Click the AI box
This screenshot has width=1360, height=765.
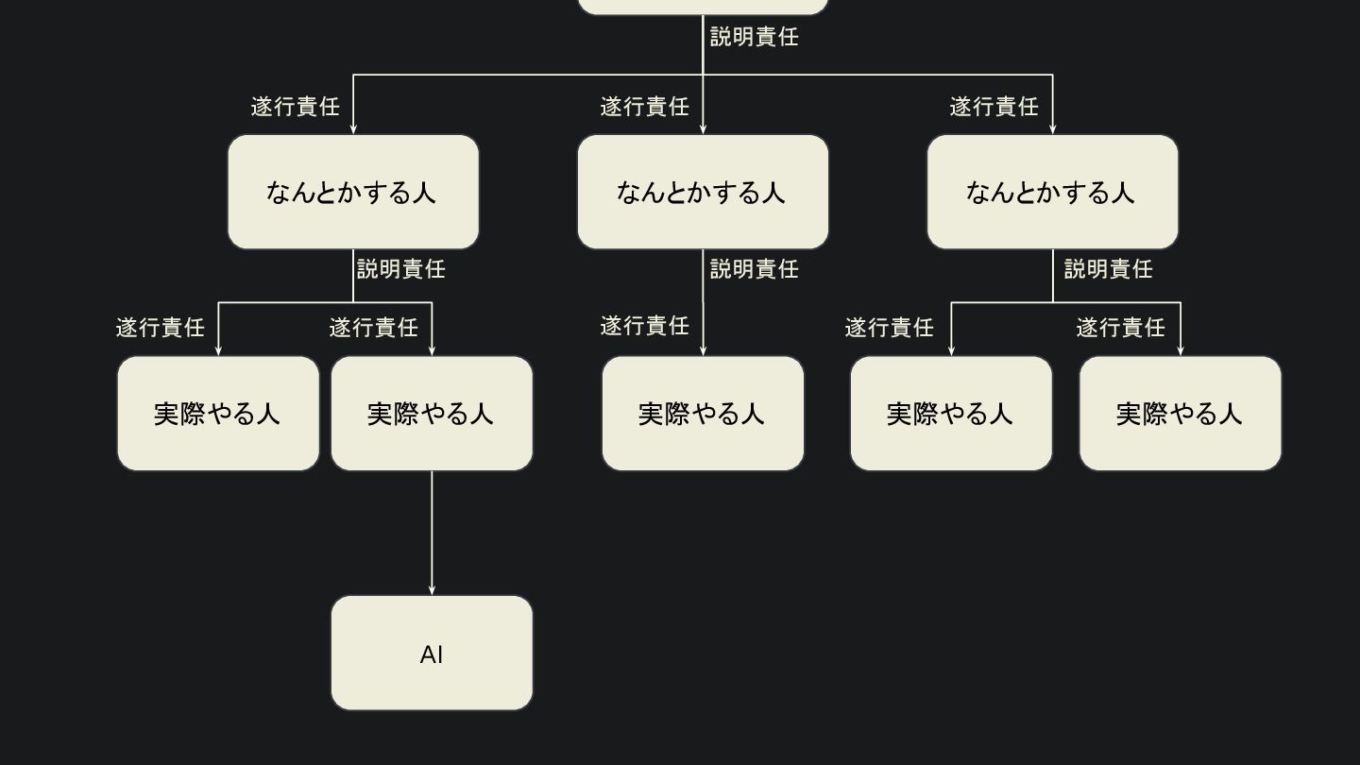point(432,653)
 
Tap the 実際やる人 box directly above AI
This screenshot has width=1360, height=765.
point(432,413)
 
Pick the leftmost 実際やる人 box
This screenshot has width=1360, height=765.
point(218,413)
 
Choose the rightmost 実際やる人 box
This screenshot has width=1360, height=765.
point(1180,413)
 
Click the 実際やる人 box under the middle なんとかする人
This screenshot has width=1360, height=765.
point(703,413)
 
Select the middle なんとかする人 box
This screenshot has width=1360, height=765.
point(703,192)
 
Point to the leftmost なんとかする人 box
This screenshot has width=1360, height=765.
point(353,192)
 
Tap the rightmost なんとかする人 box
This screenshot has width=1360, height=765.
point(1052,192)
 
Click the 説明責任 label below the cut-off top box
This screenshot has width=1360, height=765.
point(754,37)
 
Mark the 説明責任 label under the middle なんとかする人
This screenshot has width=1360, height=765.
point(754,269)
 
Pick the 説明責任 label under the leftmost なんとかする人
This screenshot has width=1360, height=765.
point(400,269)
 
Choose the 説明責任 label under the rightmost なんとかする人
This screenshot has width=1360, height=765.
point(1108,269)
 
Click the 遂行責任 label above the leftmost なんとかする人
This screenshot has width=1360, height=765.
point(295,107)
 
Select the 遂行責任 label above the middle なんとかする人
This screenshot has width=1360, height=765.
point(644,107)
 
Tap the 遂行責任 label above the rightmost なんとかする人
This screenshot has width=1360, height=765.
point(994,107)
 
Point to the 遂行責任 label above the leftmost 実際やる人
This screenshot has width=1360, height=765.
point(160,328)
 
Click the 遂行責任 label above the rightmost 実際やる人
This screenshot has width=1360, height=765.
point(1120,328)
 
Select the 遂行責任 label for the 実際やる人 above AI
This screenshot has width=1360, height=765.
point(373,328)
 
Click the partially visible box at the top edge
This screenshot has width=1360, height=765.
point(703,7)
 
